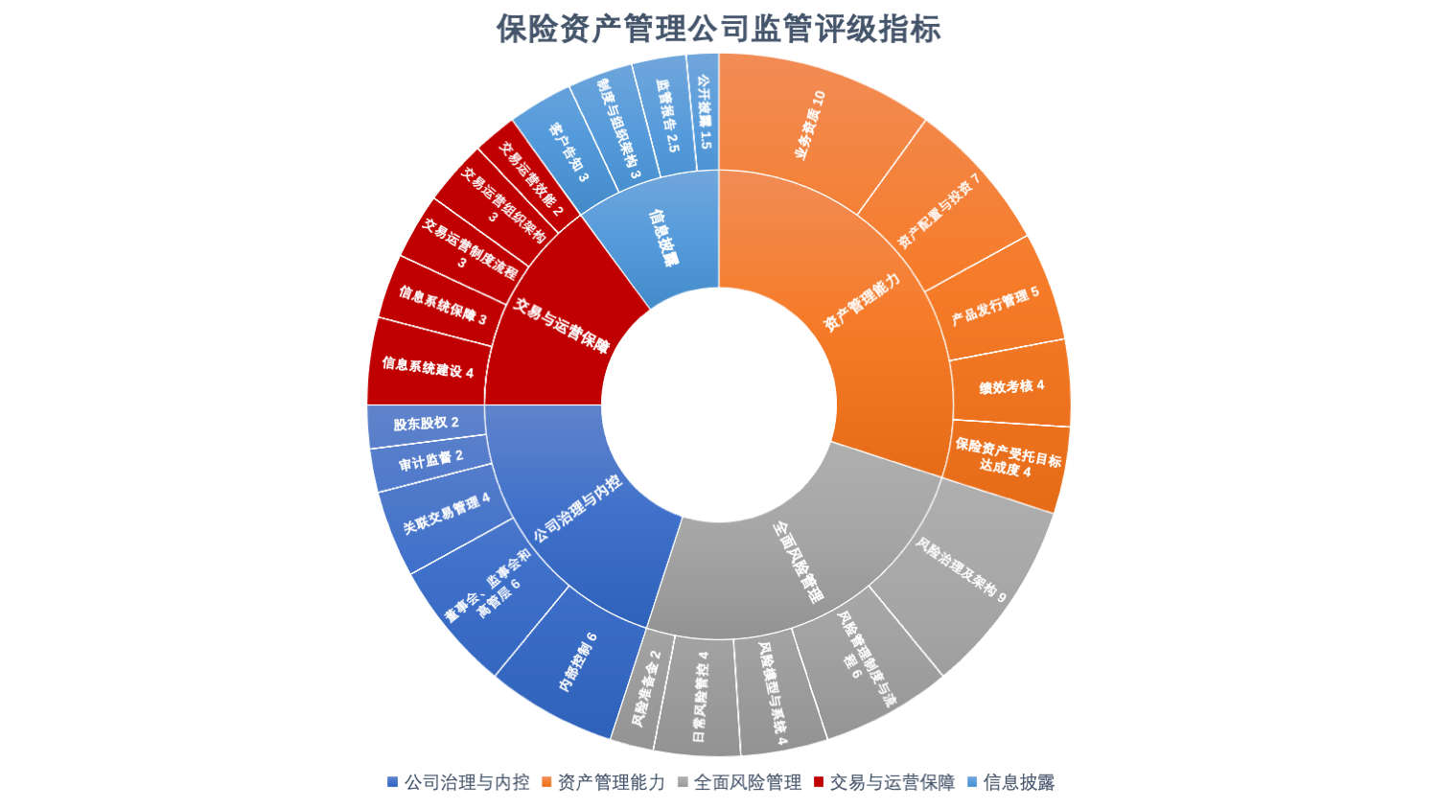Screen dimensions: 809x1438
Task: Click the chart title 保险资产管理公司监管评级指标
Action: point(718,29)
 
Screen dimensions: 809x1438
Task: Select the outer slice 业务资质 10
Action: point(810,125)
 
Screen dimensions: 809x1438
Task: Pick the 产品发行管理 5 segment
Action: point(995,305)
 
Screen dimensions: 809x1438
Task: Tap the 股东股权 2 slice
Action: point(426,423)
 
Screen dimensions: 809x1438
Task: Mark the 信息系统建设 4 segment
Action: point(428,367)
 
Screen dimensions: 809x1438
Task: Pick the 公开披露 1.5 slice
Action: point(705,112)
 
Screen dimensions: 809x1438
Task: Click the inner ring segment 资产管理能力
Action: point(863,303)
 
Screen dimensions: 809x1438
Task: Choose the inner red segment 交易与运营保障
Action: point(561,326)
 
